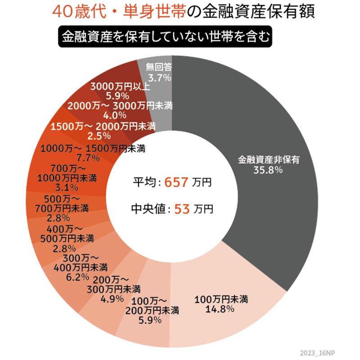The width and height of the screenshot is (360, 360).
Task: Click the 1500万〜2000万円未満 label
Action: click(103, 125)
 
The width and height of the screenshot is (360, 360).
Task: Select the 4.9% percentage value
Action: click(110, 297)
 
